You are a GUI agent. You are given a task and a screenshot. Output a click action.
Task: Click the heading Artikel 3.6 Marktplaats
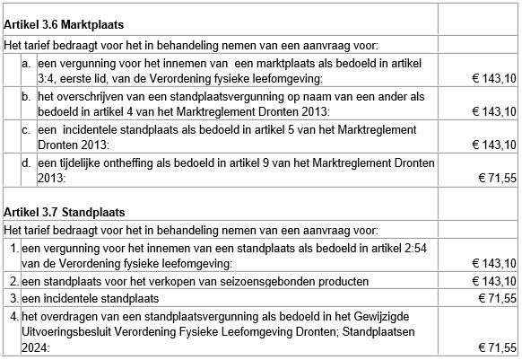click(64, 24)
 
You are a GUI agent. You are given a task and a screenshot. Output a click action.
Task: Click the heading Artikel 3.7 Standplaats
click(64, 212)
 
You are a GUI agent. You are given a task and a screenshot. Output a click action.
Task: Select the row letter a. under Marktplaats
click(28, 64)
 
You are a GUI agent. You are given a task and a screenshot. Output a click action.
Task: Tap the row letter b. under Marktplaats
click(28, 96)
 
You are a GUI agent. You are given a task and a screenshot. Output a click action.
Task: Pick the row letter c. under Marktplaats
click(28, 130)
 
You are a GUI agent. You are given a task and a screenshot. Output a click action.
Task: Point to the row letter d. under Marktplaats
click(28, 162)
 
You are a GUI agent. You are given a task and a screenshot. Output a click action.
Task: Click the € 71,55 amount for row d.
click(494, 180)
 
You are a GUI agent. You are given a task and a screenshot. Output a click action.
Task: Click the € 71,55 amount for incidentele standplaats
click(494, 298)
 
